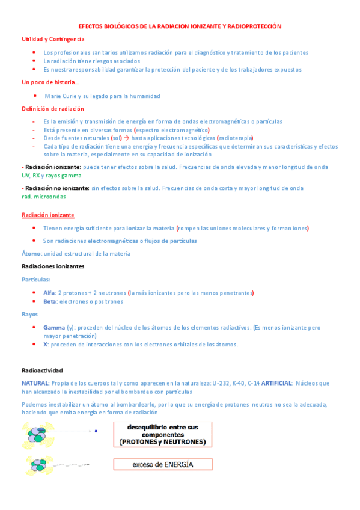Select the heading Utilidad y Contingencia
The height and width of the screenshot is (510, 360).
(x=53, y=38)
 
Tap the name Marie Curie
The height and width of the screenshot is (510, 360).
(x=66, y=96)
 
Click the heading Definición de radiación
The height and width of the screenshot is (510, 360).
(x=53, y=109)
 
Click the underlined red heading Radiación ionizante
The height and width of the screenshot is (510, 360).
(x=48, y=215)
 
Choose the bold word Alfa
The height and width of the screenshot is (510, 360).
(x=49, y=293)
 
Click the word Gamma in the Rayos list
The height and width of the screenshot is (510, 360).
(x=54, y=328)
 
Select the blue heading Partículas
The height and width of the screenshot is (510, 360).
(x=36, y=280)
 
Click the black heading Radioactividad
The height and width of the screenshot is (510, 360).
(x=42, y=370)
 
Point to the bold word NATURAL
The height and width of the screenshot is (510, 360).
(x=35, y=382)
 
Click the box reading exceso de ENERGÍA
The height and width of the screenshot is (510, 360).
(x=163, y=464)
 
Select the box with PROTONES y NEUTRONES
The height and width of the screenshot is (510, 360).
(x=163, y=434)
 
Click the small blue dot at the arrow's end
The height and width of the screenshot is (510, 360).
(x=96, y=431)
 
